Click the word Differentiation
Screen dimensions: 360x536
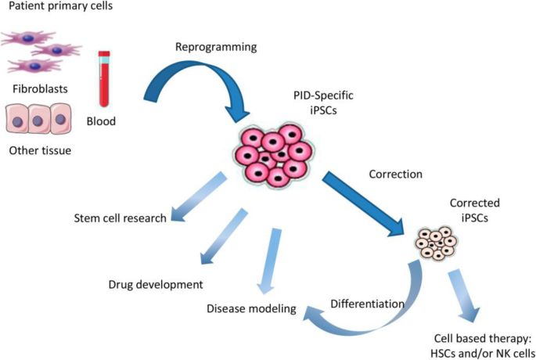point(366,303)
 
